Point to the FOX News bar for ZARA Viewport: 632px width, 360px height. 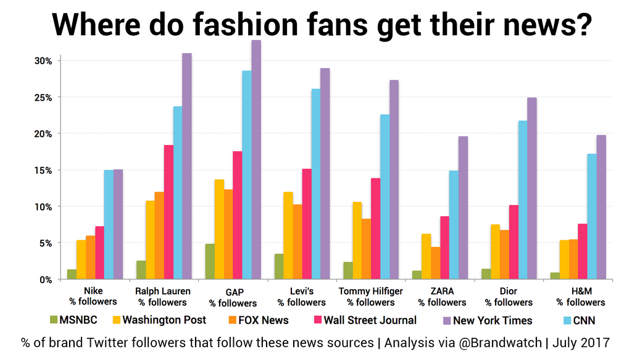coord(436,263)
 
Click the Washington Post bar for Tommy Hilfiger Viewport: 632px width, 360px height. coord(357,240)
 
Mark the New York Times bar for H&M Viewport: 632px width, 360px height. coord(601,207)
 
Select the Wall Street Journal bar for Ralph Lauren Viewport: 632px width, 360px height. coord(168,212)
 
